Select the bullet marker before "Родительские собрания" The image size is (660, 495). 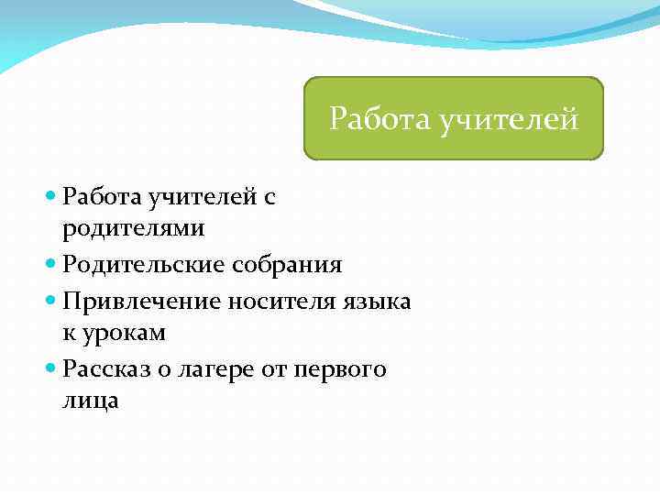[50, 266]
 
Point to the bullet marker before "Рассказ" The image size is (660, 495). [50, 369]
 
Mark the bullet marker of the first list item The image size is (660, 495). [50, 196]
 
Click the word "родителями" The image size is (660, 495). [134, 226]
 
